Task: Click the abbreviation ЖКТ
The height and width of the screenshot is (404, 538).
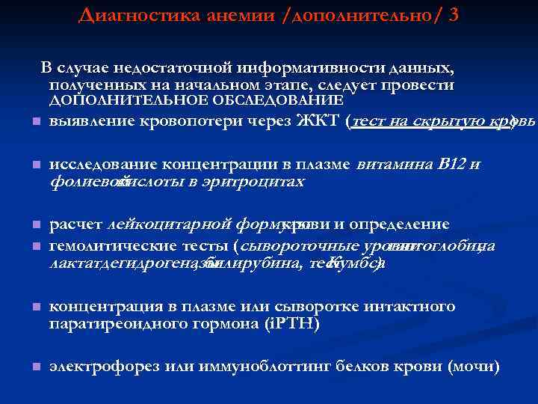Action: point(321,122)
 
